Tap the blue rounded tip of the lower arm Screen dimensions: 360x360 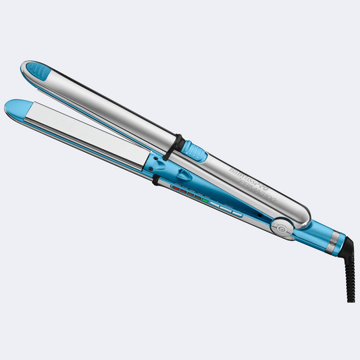(17, 107)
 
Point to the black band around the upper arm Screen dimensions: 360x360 (178, 143)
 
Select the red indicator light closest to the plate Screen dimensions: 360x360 (176, 188)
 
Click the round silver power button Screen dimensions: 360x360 (282, 228)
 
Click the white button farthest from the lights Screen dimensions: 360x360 (236, 214)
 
